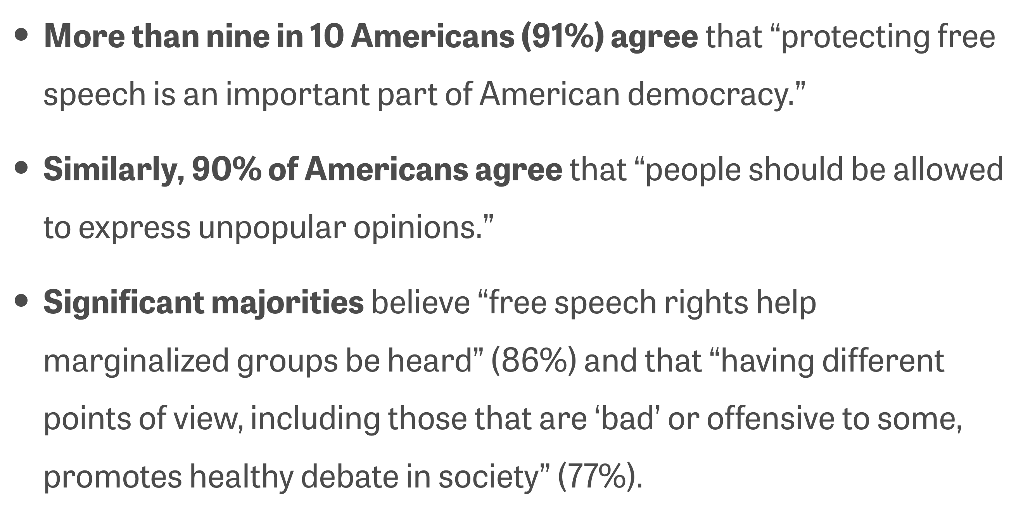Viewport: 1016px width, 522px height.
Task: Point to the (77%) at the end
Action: [x=600, y=477]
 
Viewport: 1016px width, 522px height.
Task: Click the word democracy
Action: [x=710, y=95]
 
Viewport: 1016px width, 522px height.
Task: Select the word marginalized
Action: [x=136, y=361]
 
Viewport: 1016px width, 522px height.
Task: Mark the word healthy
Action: [x=241, y=477]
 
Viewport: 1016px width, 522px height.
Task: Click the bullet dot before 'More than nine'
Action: [x=22, y=36]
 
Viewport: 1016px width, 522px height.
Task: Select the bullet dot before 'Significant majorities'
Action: [x=22, y=302]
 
